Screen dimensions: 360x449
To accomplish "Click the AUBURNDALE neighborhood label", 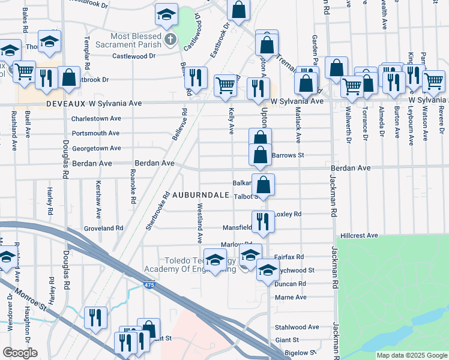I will (x=202, y=196).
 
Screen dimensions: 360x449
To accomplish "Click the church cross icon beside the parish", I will (x=170, y=41).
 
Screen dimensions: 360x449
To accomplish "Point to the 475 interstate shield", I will (x=149, y=286).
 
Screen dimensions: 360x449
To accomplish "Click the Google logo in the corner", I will (x=19, y=353).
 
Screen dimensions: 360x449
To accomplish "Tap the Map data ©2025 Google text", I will (x=411, y=355).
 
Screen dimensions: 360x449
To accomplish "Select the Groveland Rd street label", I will (x=103, y=229).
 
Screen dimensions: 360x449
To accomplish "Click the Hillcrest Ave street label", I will (x=358, y=236).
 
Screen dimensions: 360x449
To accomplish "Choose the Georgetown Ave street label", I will (x=96, y=148).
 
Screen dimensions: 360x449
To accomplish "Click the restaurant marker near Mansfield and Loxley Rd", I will (x=263, y=221).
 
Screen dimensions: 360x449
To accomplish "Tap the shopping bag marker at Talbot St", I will (x=263, y=184).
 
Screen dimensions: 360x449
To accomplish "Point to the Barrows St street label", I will (x=288, y=155).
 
